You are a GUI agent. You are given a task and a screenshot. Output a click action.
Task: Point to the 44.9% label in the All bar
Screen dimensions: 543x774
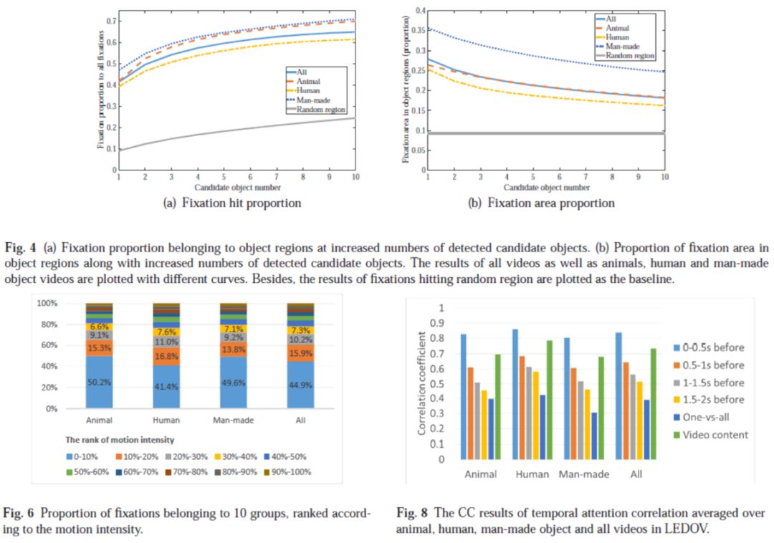[299, 385]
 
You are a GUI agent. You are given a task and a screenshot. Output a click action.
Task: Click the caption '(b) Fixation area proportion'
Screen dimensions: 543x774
[541, 203]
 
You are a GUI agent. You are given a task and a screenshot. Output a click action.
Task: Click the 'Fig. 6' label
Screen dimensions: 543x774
[16, 514]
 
